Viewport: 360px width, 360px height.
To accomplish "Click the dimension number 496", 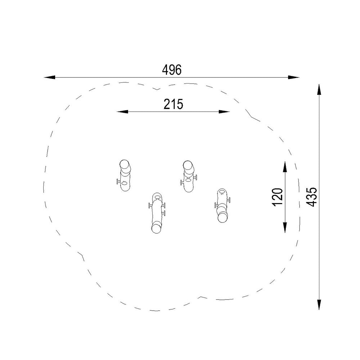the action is point(172,70).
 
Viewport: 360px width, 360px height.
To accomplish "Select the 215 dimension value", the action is point(174,104).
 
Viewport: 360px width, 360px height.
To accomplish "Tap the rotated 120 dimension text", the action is point(278,197).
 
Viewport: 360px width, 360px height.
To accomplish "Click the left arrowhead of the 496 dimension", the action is point(50,77).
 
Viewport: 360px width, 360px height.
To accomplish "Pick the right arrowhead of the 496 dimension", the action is point(294,77).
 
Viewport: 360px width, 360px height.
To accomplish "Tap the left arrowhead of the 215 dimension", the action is point(122,112).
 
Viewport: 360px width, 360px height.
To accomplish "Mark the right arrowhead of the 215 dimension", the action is point(224,112).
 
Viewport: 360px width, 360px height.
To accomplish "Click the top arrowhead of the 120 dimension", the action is point(285,167).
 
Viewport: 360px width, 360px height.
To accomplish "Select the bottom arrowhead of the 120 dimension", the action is point(285,227).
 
